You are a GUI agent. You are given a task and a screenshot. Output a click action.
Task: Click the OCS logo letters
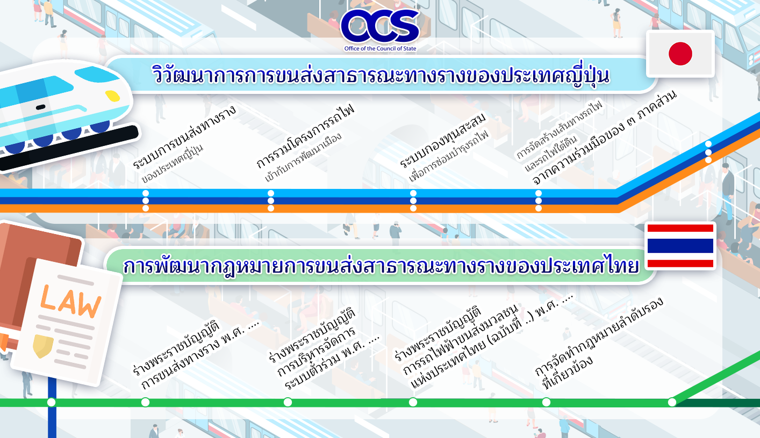coord(380,26)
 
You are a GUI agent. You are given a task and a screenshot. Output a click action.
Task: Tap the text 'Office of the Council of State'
coord(380,48)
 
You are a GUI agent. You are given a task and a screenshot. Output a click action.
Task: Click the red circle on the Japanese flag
coord(680,54)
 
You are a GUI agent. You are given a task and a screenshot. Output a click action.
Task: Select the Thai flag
coord(680,246)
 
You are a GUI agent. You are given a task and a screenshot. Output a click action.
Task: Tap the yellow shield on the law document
coord(43,346)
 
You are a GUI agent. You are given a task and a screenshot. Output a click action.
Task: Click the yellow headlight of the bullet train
coord(113,96)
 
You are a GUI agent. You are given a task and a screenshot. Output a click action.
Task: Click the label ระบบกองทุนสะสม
coord(442,140)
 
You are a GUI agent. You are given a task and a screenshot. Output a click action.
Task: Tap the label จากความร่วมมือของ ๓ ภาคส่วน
coord(605,137)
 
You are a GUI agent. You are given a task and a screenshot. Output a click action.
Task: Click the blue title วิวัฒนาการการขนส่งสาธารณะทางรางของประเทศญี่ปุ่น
coord(380,75)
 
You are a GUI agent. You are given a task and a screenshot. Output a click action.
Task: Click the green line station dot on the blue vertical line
coord(51,403)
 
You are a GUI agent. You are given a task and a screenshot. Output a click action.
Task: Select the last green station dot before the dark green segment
coord(672,403)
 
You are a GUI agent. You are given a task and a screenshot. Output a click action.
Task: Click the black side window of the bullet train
coord(41,107)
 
